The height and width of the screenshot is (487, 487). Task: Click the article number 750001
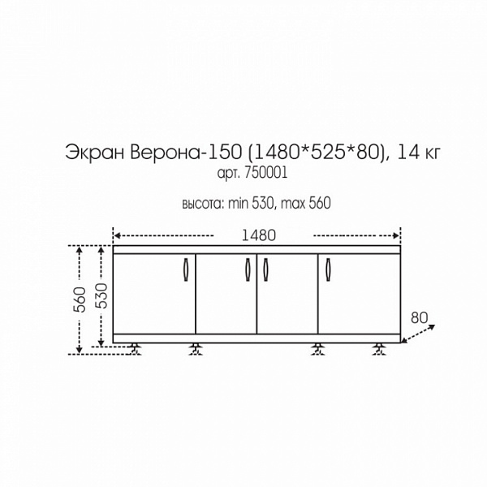(x=266, y=173)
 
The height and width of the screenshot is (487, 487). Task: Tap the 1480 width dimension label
(x=259, y=235)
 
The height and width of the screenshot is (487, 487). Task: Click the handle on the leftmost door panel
(x=186, y=271)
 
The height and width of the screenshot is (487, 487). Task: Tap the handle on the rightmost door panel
(x=329, y=271)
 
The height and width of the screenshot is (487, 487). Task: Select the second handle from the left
(x=246, y=271)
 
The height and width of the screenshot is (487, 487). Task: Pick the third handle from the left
(x=265, y=271)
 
